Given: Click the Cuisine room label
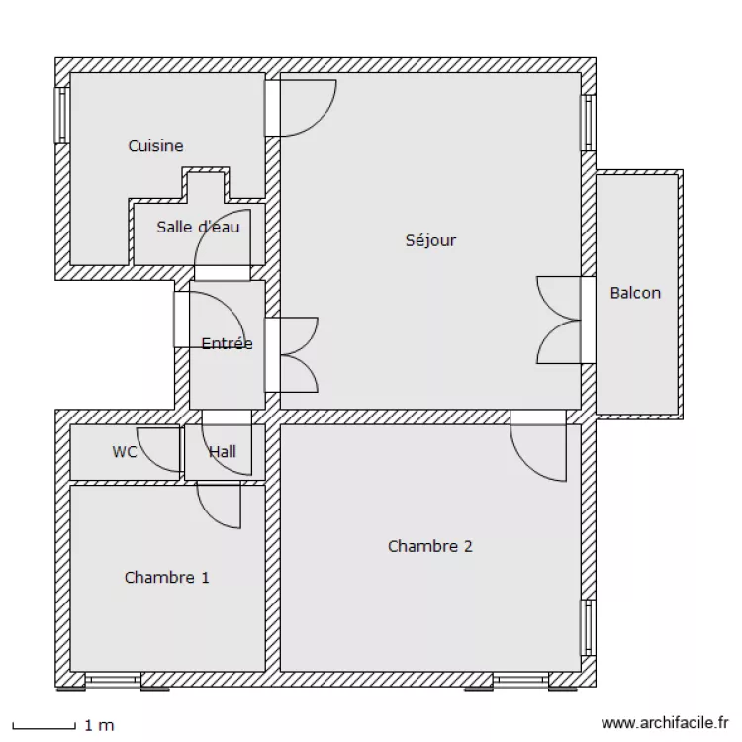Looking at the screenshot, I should click(155, 146).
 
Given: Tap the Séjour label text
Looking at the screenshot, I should click(430, 240).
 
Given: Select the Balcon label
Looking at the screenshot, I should click(635, 293).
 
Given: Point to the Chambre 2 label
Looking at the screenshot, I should click(429, 546).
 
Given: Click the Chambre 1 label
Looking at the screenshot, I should click(166, 578).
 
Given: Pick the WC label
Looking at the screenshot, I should click(124, 452).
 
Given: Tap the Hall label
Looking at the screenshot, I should click(223, 452).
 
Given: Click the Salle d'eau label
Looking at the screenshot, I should click(198, 227).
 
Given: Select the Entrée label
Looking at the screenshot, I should click(227, 344).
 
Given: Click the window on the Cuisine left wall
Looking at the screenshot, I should click(61, 115).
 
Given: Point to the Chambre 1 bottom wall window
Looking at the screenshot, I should click(112, 680).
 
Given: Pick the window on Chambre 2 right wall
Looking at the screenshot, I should click(588, 627).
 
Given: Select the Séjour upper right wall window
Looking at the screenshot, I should click(588, 123).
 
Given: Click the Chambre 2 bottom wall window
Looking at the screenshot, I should click(521, 680).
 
